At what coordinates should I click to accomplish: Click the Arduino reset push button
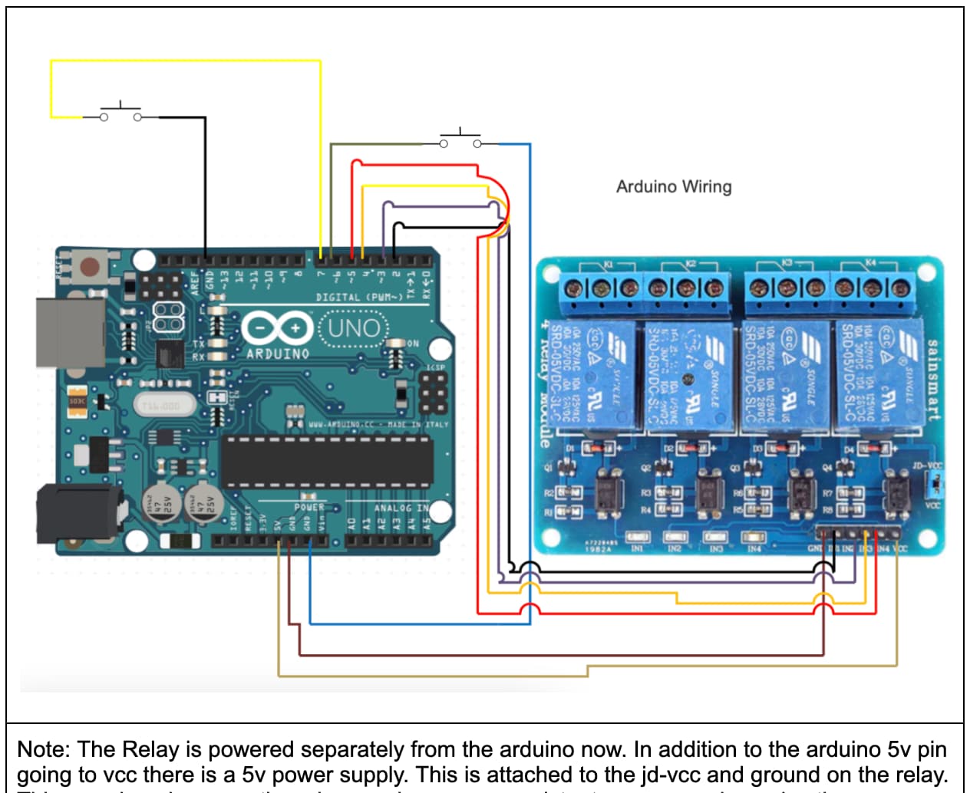tap(90, 267)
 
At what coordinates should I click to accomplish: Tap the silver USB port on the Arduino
tap(70, 333)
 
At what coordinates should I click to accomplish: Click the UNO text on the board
tap(354, 328)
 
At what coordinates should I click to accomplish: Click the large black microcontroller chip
tap(327, 462)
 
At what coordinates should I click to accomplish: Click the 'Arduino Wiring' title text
tap(674, 186)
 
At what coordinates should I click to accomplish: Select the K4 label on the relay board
tap(870, 263)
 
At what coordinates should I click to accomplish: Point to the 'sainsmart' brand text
tap(933, 380)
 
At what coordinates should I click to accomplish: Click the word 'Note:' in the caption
tap(45, 749)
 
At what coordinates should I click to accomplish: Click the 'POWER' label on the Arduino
tap(308, 508)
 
